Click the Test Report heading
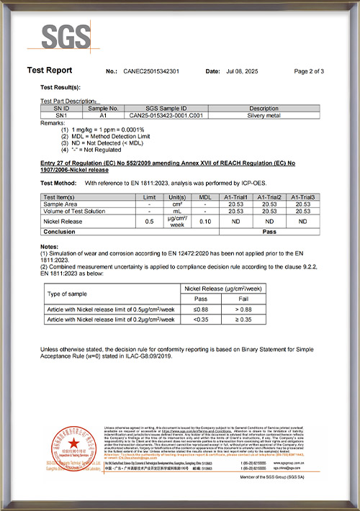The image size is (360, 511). coord(50,71)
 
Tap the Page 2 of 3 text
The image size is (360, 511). coord(309,72)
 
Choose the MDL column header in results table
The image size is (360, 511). coord(205,196)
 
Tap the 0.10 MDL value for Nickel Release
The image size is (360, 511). coord(205,221)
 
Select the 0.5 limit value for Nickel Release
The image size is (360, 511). coord(150,221)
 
